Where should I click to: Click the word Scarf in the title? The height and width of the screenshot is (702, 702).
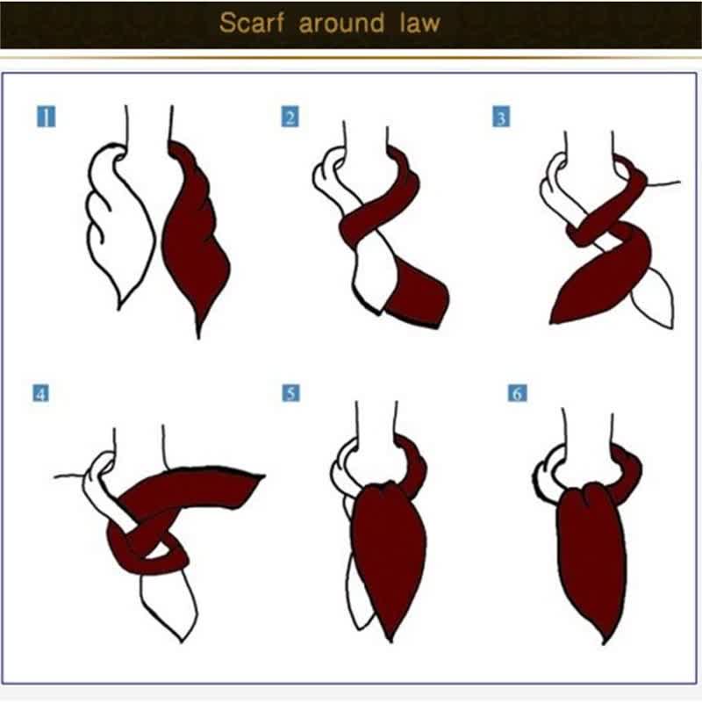[253, 23]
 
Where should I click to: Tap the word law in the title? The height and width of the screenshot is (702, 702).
[418, 23]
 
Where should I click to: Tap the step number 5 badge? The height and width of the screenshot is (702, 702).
[290, 392]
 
